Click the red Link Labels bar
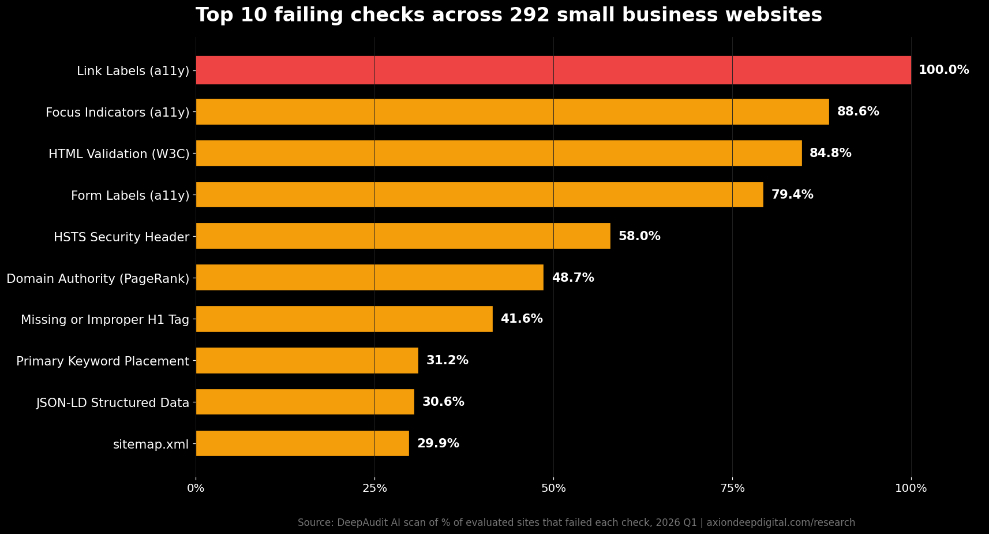[553, 70]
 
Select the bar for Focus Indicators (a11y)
[512, 111]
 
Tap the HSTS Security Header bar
[403, 236]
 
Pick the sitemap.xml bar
[302, 443]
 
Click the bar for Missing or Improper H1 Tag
[344, 319]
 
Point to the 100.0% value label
[943, 70]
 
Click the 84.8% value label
[830, 153]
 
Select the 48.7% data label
[572, 278]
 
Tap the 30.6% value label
[443, 402]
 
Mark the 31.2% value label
[447, 360]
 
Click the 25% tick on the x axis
[374, 488]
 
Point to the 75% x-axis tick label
[732, 488]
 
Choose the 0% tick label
[196, 488]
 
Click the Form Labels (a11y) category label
[130, 196]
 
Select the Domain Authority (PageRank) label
[98, 279]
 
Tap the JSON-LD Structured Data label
[113, 403]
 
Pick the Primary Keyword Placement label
[103, 361]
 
